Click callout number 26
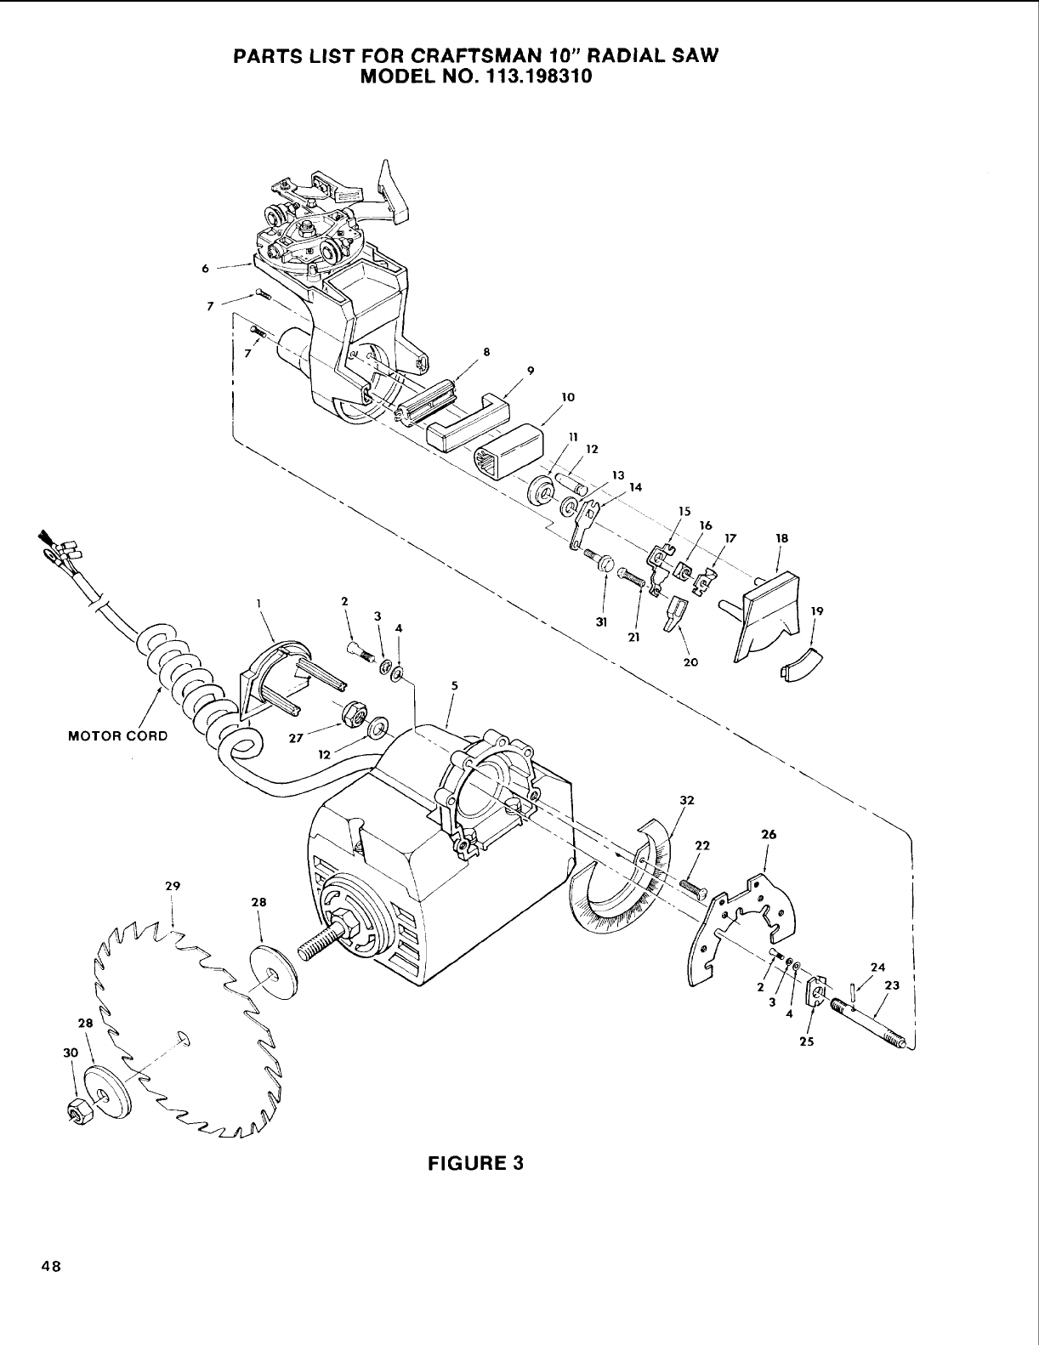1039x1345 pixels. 768,835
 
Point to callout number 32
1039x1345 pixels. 687,800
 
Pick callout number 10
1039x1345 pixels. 569,397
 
